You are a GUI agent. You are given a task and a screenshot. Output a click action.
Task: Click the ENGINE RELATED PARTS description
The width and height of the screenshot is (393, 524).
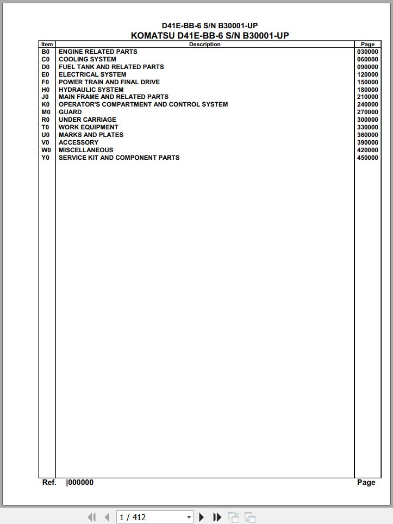[x=98, y=52]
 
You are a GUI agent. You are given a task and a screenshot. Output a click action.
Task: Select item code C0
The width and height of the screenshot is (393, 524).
[x=46, y=59]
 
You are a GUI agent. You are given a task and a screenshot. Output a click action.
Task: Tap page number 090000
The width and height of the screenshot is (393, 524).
[x=367, y=67]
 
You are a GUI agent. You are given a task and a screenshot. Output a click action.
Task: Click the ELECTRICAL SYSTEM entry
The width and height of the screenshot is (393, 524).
[x=92, y=74]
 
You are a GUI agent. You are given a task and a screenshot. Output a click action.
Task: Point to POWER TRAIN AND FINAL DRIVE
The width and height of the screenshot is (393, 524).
[x=109, y=82]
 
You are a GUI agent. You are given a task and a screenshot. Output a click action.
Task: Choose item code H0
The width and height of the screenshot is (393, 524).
[x=46, y=90]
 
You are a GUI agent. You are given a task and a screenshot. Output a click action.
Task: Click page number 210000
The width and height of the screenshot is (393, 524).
[x=367, y=97]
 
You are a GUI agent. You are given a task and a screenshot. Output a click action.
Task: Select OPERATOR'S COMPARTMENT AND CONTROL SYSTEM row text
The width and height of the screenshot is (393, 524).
[x=143, y=104]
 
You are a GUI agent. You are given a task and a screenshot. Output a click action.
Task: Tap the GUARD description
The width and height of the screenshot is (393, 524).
[x=70, y=112]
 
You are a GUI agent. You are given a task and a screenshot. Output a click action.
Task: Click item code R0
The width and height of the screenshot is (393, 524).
[x=46, y=120]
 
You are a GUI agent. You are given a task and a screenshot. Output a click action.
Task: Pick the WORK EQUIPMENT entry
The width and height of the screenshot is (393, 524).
[x=88, y=127]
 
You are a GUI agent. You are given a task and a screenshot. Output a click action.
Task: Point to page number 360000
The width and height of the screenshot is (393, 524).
[x=367, y=135]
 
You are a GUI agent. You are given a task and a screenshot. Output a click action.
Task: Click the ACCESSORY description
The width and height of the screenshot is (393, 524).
[x=78, y=142]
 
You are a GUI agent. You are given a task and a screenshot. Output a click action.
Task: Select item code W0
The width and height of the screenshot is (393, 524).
[x=46, y=150]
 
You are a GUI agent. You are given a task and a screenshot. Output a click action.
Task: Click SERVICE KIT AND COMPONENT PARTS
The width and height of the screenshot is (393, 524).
[x=119, y=158]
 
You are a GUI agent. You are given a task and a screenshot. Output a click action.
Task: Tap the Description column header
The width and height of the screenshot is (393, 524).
[x=204, y=45]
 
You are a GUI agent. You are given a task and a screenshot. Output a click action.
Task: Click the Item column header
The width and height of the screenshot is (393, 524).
[x=47, y=45]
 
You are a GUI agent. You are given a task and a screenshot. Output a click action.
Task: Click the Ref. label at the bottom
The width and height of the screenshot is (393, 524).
[x=49, y=483]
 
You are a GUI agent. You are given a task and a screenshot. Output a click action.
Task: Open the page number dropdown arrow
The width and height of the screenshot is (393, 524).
[x=189, y=517]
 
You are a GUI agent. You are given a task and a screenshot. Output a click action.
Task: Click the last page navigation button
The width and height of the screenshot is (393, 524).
[x=217, y=517]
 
